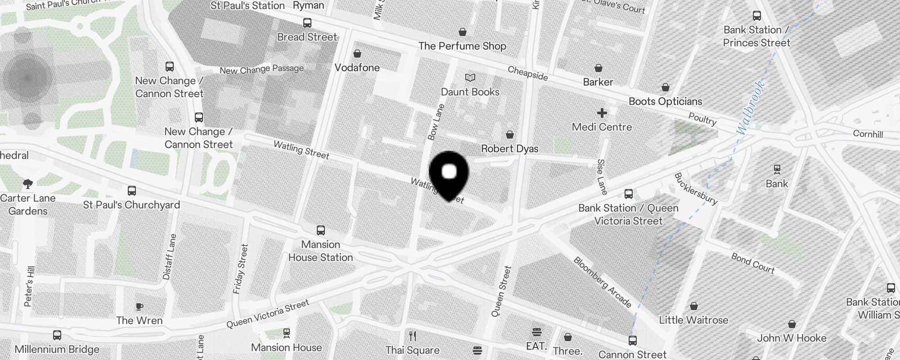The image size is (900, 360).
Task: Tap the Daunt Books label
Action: coord(470,92)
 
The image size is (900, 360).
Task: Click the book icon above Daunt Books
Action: coord(470,78)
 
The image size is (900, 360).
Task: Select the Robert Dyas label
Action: coord(509,148)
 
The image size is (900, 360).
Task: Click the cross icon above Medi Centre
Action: coord(602,112)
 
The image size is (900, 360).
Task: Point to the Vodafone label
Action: coord(357,67)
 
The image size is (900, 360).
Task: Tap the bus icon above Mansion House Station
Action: coord(320,230)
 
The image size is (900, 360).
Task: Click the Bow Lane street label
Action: coord(436,122)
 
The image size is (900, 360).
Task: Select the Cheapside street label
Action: coord(527,73)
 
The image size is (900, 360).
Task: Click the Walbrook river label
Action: coord(750,107)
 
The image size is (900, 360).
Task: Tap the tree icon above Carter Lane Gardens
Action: coord(28,184)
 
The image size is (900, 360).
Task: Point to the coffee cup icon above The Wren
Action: coord(139,307)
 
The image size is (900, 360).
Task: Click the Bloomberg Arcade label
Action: coord(602,282)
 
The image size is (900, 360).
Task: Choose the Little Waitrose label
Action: coord(693,320)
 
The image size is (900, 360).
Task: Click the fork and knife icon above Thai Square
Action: coord(412,336)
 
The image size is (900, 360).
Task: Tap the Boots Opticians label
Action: coord(665,101)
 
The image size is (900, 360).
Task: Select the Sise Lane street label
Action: coord(602,177)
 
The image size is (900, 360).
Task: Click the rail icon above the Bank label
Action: coord(777,170)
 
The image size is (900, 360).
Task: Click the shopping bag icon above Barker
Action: coord(598,68)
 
